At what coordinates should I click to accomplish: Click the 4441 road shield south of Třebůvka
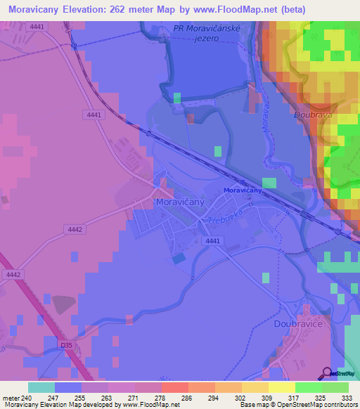click(211, 241)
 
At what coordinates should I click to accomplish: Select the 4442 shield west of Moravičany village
click(76, 229)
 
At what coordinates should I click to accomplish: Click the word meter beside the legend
click(13, 397)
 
